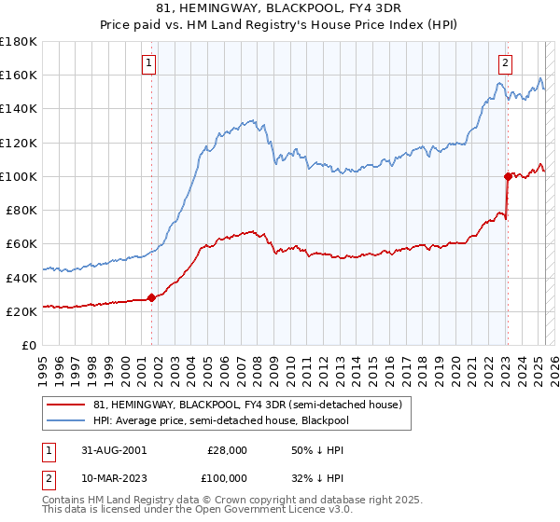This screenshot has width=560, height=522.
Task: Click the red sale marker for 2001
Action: (x=151, y=297)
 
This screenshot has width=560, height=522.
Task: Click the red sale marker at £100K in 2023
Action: (x=508, y=175)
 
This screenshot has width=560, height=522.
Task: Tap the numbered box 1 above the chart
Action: (x=149, y=63)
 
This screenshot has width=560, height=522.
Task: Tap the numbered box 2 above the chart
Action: (x=505, y=63)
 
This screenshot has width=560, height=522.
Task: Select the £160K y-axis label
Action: (x=19, y=75)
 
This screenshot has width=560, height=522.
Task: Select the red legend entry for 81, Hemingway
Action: (x=246, y=405)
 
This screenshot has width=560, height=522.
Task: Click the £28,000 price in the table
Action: (x=228, y=449)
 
